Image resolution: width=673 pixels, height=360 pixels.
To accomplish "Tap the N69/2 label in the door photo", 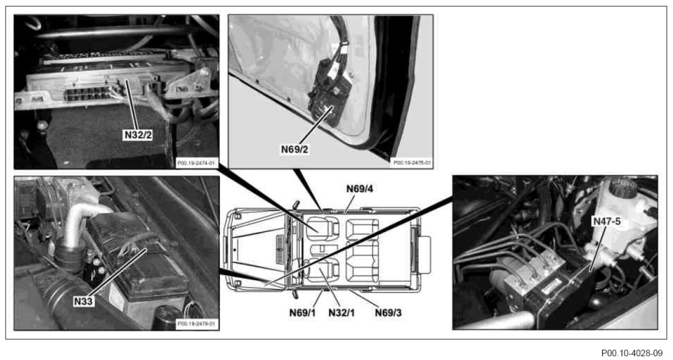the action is tap(295, 149).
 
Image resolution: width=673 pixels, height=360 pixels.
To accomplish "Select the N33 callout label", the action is tap(83, 302).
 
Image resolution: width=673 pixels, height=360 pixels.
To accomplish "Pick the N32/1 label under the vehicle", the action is tap(340, 311).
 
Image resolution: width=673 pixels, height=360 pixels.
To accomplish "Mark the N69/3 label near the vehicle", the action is tap(390, 311).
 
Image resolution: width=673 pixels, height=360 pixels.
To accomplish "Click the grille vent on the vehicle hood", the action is tap(280, 246).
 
